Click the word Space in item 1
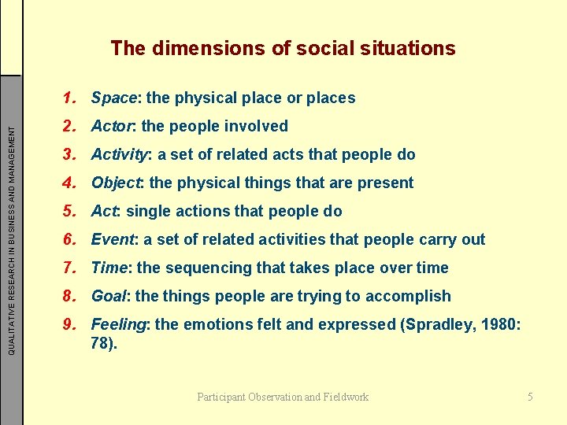pyautogui.click(x=113, y=98)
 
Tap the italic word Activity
pyautogui.click(x=119, y=155)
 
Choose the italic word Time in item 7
pyautogui.click(x=109, y=268)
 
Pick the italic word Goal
pyautogui.click(x=109, y=297)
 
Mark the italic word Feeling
pyautogui.click(x=120, y=325)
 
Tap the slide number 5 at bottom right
pyautogui.click(x=530, y=397)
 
